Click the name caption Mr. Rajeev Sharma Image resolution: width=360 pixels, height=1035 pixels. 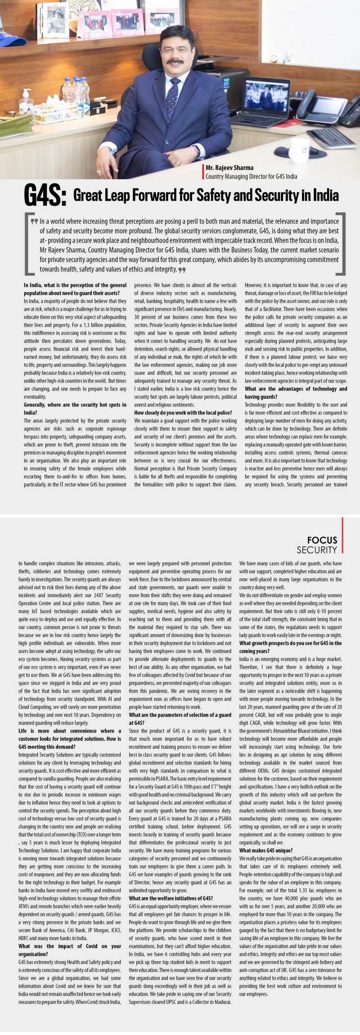pyautogui.click(x=229, y=168)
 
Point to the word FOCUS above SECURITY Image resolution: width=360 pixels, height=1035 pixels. pyautogui.click(x=322, y=540)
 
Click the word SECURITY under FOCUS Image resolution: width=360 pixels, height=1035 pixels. pyautogui.click(x=317, y=550)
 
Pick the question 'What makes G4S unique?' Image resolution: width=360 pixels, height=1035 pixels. pyautogui.click(x=266, y=850)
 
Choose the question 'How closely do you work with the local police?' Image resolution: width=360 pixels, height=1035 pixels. pyautogui.click(x=183, y=413)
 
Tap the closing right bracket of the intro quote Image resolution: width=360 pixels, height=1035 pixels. pyautogui.click(x=341, y=243)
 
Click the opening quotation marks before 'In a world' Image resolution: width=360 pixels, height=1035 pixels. pyautogui.click(x=34, y=221)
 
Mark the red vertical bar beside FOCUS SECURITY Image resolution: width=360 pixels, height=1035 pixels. pyautogui.click(x=342, y=535)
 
